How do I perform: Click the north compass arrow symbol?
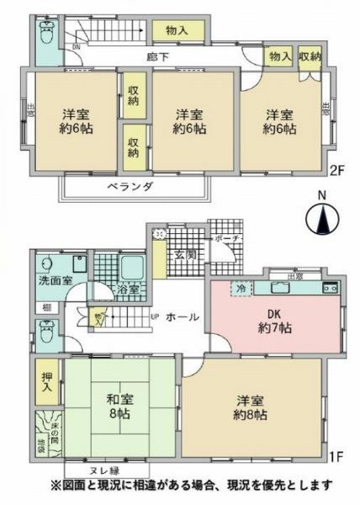click(x=323, y=221)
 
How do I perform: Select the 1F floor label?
click(x=335, y=458)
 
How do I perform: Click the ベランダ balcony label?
click(x=130, y=187)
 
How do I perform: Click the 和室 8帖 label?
click(x=113, y=407)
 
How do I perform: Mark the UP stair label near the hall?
click(x=155, y=317)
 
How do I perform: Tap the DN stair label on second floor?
click(x=77, y=48)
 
